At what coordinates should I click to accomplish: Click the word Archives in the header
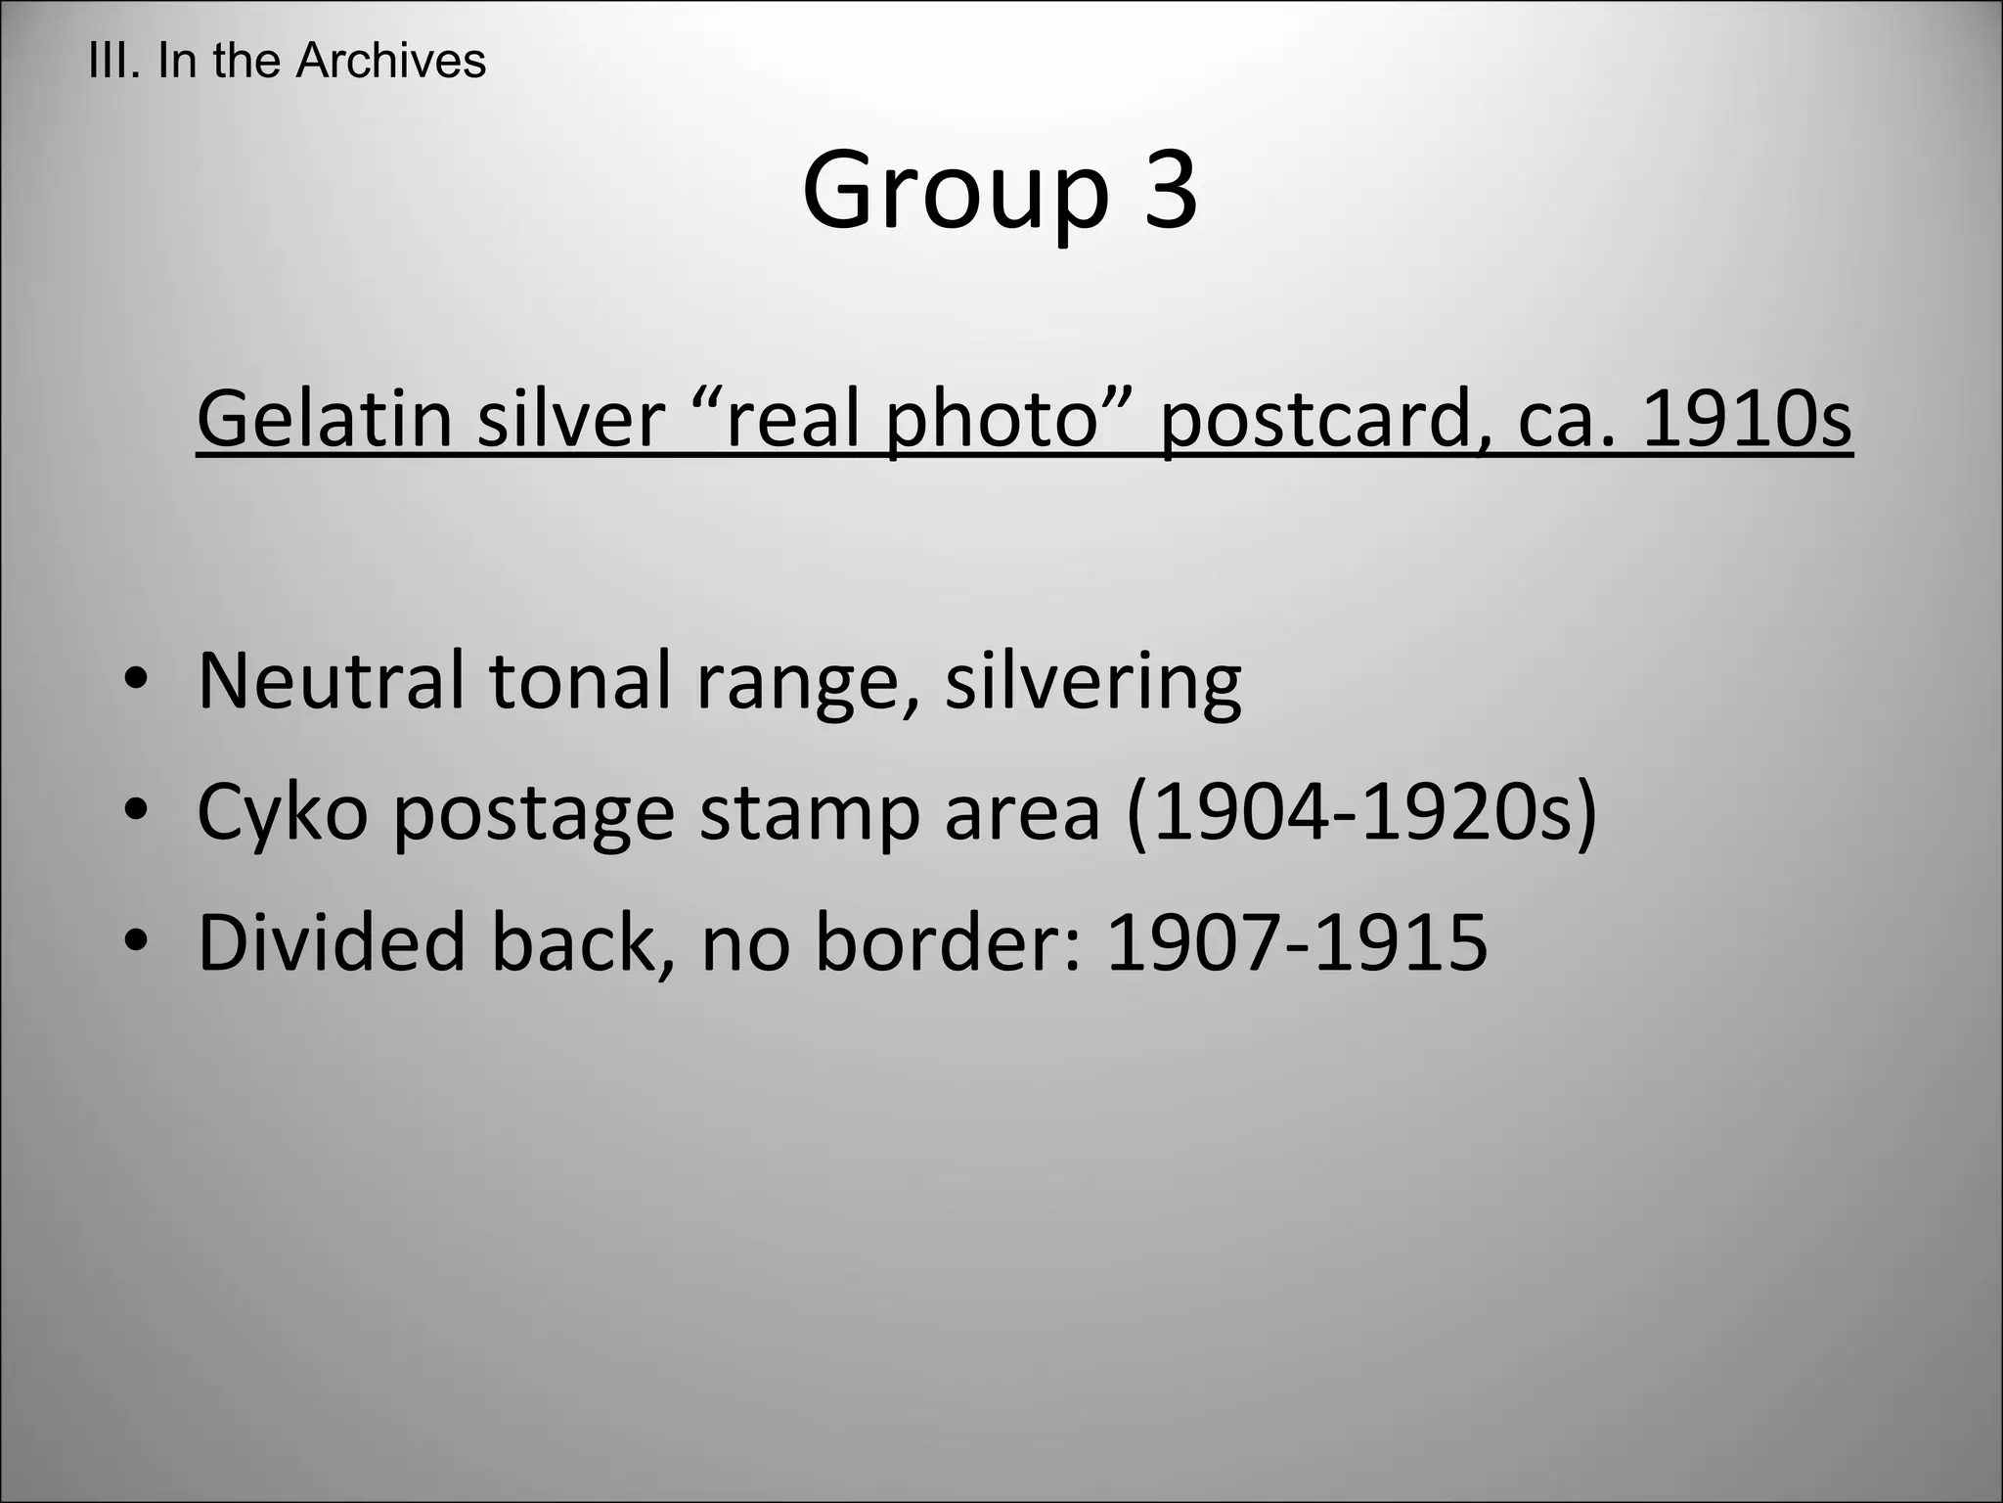pos(390,61)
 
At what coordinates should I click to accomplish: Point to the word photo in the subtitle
pos(991,420)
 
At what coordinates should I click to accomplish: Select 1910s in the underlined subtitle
pos(1747,418)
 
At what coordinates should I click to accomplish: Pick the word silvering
pos(1092,683)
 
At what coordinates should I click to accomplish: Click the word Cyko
pos(282,812)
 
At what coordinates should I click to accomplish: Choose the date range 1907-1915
pos(1297,941)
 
